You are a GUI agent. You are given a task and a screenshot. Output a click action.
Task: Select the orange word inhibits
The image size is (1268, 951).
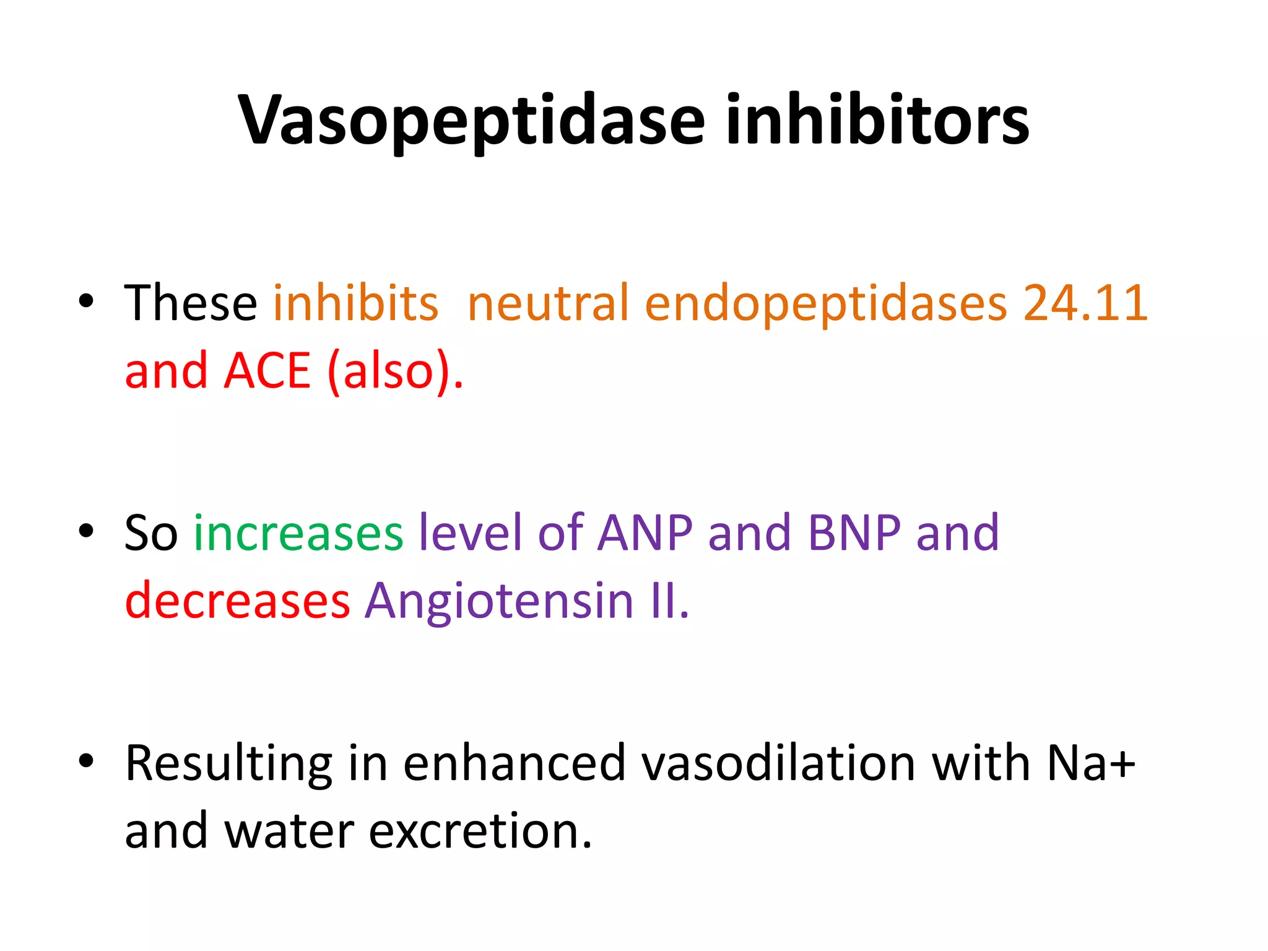click(x=356, y=303)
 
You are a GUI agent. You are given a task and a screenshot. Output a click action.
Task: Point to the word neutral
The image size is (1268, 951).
click(x=548, y=303)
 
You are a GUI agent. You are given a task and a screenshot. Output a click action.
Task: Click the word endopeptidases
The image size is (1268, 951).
click(x=826, y=304)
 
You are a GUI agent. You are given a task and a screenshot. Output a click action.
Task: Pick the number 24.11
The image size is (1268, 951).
click(x=1085, y=303)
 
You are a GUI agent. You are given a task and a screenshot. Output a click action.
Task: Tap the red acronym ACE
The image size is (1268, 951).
click(x=267, y=371)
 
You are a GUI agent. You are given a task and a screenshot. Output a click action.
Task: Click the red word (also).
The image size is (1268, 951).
click(x=396, y=371)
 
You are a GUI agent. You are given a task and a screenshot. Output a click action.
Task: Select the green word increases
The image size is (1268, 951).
click(x=298, y=533)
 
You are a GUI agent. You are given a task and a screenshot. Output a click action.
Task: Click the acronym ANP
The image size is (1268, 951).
click(x=645, y=533)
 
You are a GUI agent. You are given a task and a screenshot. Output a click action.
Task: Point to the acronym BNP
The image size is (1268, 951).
click(x=854, y=533)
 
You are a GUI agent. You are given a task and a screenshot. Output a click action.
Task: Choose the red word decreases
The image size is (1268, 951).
click(x=238, y=601)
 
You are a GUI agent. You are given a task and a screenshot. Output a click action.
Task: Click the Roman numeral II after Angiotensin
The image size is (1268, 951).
click(x=667, y=601)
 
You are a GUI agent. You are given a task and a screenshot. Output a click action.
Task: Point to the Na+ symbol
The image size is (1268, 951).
click(x=1091, y=763)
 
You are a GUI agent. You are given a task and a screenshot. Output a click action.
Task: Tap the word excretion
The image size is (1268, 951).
click(x=480, y=831)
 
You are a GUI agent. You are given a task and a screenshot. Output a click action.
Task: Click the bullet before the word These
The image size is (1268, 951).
click(x=86, y=302)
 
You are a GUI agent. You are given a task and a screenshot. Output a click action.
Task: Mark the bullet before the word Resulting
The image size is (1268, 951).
click(x=86, y=760)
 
